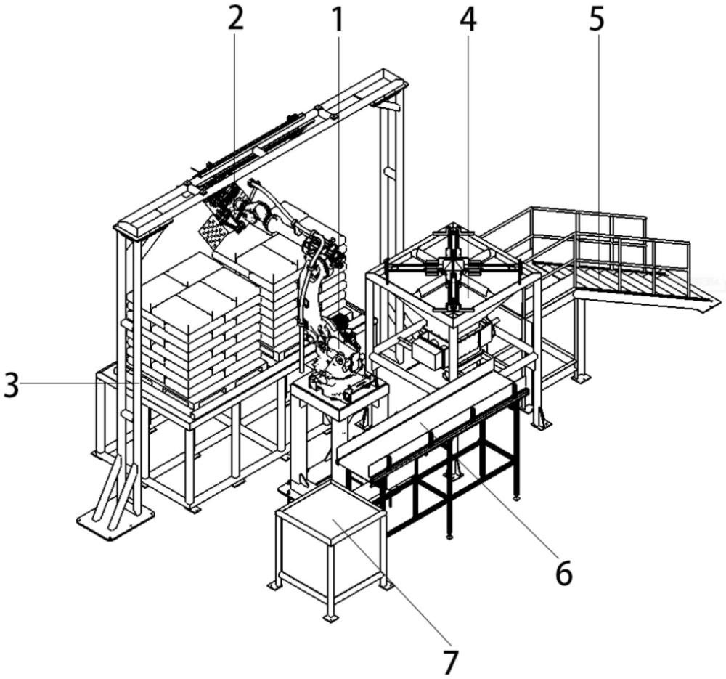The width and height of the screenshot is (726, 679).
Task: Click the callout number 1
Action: [335, 20]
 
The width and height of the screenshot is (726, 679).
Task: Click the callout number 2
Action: [234, 20]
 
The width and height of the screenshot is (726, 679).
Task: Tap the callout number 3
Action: [11, 384]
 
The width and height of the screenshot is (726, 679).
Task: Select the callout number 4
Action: [468, 20]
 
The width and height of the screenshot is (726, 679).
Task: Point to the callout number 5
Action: [595, 20]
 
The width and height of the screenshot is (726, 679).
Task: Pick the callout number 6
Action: [563, 573]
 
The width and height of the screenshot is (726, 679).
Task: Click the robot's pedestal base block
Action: [338, 396]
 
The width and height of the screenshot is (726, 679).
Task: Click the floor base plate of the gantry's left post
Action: [116, 518]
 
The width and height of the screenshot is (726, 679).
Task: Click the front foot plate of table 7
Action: [330, 617]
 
